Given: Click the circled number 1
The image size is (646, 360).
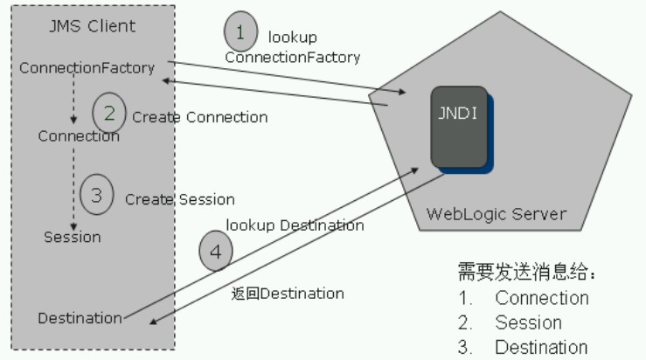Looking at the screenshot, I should [x=241, y=32].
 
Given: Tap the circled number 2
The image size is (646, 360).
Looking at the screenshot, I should [x=109, y=113].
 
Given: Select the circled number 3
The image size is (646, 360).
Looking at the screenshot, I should [x=97, y=195].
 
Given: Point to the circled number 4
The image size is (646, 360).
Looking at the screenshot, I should [x=216, y=252].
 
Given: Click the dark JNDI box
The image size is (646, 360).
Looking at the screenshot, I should [x=458, y=130].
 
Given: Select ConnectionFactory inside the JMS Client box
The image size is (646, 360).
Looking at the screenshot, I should [x=87, y=67].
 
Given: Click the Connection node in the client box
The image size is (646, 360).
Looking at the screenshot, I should [x=79, y=136].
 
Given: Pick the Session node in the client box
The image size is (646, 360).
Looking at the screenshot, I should [x=73, y=237].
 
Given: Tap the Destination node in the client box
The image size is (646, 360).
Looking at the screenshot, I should [x=80, y=318].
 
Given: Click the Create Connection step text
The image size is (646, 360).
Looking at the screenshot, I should [x=200, y=117].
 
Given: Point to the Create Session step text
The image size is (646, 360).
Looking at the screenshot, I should [x=179, y=199].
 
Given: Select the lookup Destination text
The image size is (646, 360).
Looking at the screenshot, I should [x=295, y=225].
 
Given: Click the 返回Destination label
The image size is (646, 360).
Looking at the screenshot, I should [x=288, y=293].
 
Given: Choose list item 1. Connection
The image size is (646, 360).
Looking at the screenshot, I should [x=524, y=298].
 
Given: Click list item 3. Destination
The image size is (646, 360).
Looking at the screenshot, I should [x=524, y=347].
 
